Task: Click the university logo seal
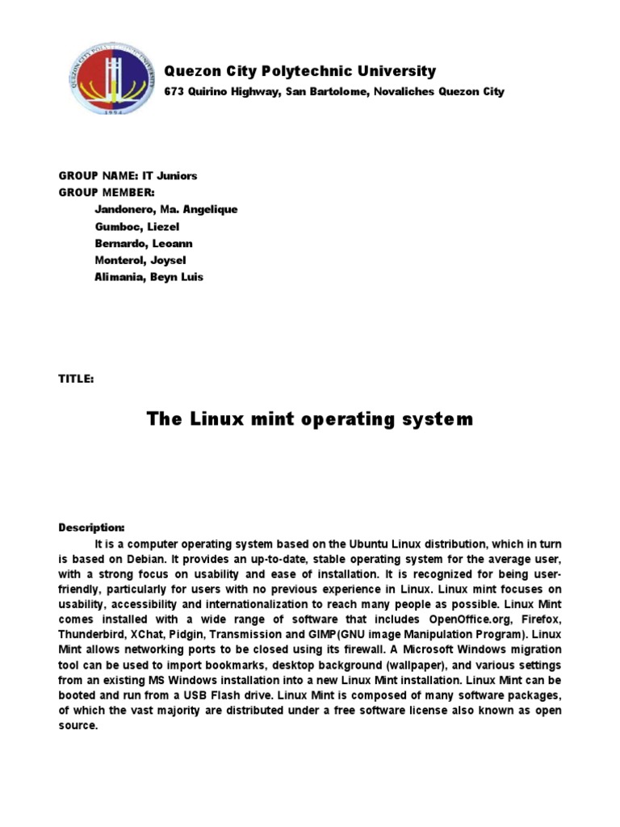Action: coord(103,79)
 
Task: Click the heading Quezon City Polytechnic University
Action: coord(300,71)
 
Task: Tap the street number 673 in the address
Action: coord(174,92)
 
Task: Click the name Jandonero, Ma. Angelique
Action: coord(166,209)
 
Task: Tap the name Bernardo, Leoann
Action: coord(144,243)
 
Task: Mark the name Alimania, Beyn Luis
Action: coord(149,277)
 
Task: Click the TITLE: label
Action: coord(76,379)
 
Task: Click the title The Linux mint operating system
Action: coord(309,419)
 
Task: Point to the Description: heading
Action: coord(91,527)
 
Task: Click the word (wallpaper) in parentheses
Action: coord(433,665)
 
